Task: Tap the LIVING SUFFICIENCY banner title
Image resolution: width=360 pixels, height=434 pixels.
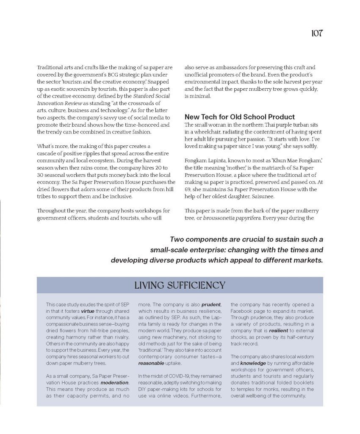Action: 180,285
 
